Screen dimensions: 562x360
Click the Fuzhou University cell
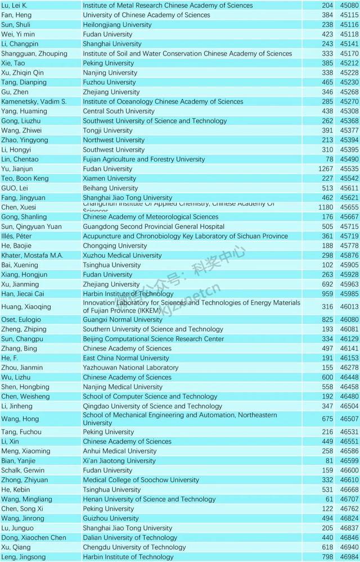(x=109, y=83)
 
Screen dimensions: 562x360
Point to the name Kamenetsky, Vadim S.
(x=34, y=102)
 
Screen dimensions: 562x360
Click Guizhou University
(x=109, y=518)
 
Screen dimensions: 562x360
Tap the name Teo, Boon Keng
(x=25, y=179)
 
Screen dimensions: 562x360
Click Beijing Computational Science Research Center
(x=145, y=339)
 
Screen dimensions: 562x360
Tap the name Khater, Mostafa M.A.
(x=31, y=255)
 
